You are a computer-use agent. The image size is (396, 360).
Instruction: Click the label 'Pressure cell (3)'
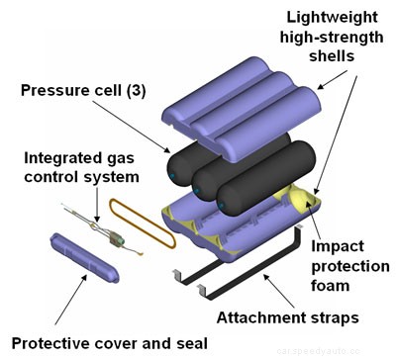click(x=86, y=91)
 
